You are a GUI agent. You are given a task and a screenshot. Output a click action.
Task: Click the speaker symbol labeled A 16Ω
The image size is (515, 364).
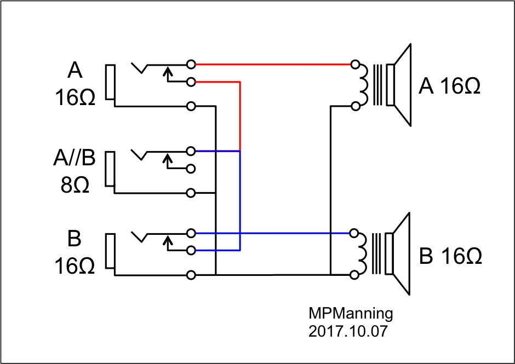[397, 85]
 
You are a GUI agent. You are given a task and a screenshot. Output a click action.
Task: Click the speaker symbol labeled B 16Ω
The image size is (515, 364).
[397, 254]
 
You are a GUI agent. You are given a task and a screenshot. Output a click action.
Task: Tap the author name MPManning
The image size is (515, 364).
[351, 314]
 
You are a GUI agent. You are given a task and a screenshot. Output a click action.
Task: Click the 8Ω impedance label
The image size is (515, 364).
[75, 184]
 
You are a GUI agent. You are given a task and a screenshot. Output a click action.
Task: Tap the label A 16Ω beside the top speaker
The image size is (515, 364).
[449, 86]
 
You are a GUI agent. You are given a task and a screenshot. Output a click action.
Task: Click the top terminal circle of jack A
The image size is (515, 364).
[191, 64]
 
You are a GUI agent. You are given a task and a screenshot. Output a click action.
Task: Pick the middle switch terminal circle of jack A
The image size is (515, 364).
[191, 82]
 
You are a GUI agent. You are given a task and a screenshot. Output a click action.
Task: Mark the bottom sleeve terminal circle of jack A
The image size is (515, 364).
[191, 106]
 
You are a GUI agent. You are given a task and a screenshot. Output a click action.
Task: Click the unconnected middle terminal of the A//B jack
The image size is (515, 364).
[191, 169]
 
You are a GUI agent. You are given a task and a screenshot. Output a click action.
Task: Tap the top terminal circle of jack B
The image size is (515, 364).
[191, 233]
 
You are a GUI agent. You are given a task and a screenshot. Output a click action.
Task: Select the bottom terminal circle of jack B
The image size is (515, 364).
[191, 274]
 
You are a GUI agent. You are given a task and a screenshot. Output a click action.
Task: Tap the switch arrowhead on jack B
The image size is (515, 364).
[168, 239]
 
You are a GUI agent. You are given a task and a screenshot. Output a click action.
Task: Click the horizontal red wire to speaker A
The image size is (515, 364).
[274, 64]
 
